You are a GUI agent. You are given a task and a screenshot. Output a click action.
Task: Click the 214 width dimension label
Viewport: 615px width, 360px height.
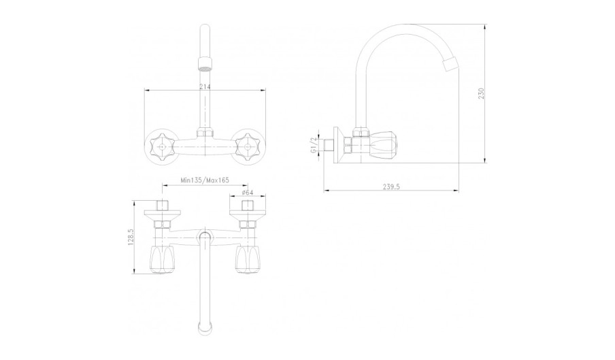click(205, 86)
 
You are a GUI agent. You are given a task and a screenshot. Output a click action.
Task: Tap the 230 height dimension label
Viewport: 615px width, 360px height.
click(482, 93)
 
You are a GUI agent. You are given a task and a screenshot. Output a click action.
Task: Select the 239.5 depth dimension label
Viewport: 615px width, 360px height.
click(391, 187)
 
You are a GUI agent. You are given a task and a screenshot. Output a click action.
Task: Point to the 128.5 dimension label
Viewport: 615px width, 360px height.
click(131, 238)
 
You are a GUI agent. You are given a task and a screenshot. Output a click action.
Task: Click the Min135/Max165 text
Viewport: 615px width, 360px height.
click(205, 180)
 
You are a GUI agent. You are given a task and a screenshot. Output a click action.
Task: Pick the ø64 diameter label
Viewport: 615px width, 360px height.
click(248, 192)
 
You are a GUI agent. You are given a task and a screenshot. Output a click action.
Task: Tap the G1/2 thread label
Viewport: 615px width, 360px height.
click(313, 146)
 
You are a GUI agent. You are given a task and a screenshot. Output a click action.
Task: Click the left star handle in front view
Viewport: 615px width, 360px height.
click(163, 147)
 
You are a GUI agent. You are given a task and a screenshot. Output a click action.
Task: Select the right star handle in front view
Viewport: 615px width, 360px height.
click(247, 147)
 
